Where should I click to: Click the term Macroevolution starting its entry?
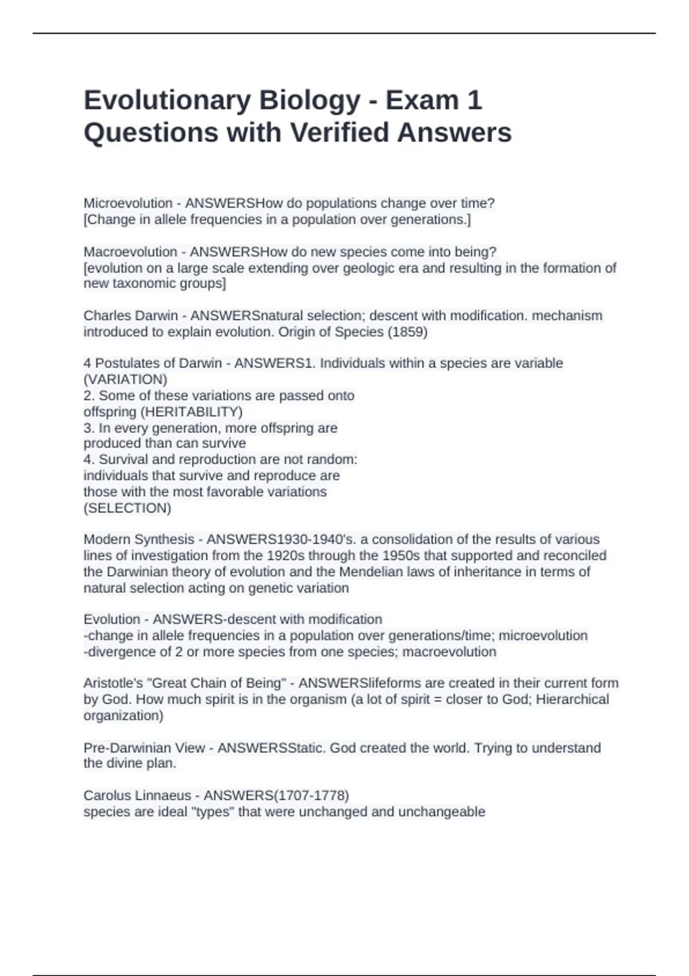pos(130,252)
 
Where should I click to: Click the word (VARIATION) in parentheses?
pos(125,379)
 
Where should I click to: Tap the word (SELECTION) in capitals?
pos(127,508)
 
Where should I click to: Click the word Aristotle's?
pos(114,683)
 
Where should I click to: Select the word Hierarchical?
pos(572,699)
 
